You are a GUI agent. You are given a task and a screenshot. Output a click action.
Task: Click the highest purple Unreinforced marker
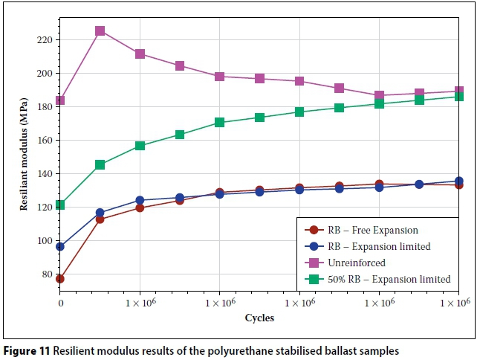click(x=100, y=31)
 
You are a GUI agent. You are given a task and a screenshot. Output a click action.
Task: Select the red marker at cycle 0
click(x=60, y=279)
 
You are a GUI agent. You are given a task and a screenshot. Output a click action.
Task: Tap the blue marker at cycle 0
click(x=60, y=246)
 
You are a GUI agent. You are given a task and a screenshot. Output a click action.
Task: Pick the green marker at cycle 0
click(x=60, y=205)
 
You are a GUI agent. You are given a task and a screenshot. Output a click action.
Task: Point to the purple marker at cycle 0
click(x=60, y=100)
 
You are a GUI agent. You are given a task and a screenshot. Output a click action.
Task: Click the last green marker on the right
click(x=458, y=97)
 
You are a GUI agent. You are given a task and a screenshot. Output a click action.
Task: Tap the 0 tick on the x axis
click(x=60, y=304)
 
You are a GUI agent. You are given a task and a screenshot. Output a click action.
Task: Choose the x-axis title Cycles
click(x=259, y=318)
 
